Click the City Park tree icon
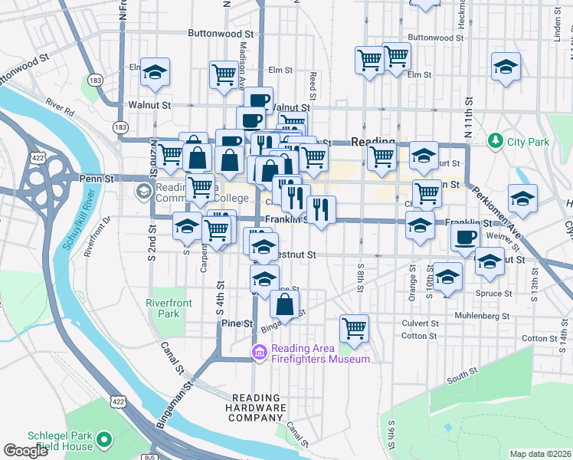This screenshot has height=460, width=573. pyautogui.click(x=496, y=141)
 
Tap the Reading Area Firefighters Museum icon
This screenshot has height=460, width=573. pyautogui.click(x=259, y=353)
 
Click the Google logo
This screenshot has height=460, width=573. pyautogui.click(x=25, y=451)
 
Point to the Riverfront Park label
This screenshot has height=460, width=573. pyautogui.click(x=163, y=308)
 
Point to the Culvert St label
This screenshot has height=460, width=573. pyautogui.click(x=419, y=324)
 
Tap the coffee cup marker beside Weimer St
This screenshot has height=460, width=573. pyautogui.click(x=465, y=238)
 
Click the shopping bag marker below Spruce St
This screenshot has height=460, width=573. pyautogui.click(x=285, y=305)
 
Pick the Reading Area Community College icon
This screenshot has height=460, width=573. pyautogui.click(x=142, y=190)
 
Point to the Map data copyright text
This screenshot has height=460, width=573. pyautogui.click(x=540, y=454)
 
